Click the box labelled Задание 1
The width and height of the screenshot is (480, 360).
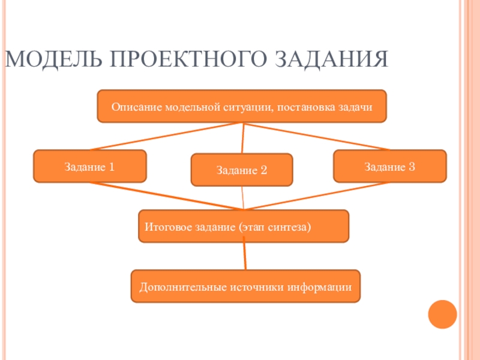coord(90,166)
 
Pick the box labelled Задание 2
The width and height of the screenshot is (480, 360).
coord(242,170)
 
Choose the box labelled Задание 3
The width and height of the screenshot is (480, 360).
coord(389,166)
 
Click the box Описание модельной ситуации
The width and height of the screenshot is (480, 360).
coord(242,107)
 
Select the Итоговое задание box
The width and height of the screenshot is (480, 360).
coord(243,226)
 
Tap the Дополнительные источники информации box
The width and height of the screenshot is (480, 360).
coord(245,286)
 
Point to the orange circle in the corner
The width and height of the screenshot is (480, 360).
coord(442,314)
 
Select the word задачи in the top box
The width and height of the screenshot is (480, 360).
coord(356,107)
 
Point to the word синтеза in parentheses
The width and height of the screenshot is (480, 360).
coord(290,228)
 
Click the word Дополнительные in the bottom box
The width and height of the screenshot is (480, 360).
coord(181,287)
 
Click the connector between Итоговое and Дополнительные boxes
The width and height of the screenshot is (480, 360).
coord(244,256)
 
